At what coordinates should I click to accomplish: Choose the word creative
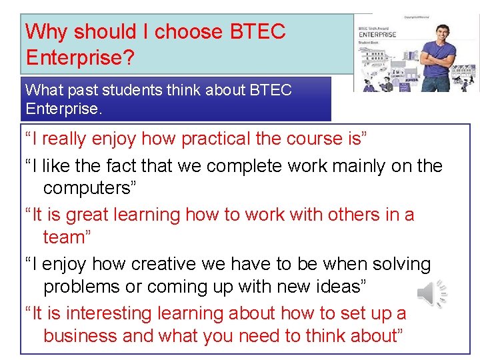point(165,264)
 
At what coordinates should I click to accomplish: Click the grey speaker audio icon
point(431,294)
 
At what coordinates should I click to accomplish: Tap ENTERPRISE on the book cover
point(378,35)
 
